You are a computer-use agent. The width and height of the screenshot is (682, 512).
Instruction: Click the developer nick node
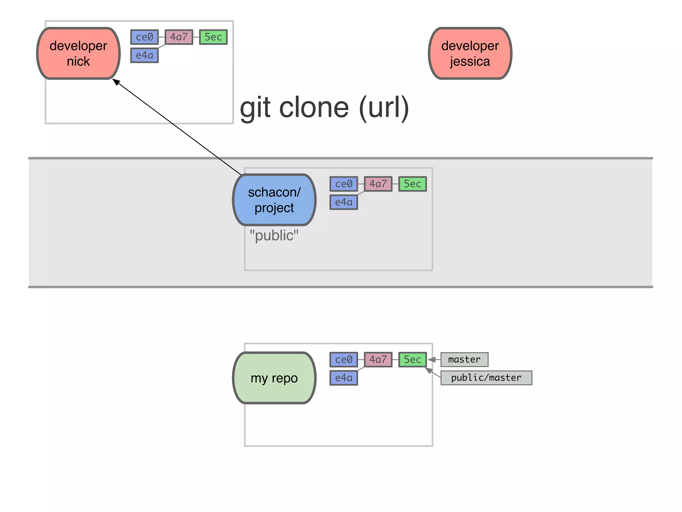point(78,53)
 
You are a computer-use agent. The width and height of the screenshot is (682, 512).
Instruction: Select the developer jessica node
point(470,53)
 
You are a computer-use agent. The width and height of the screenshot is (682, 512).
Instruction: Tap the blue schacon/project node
point(274,200)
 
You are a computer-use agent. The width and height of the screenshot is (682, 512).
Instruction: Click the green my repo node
point(274,378)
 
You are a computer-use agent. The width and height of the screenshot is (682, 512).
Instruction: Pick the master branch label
point(464,359)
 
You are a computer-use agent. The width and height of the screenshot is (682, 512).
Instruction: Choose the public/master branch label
point(486,378)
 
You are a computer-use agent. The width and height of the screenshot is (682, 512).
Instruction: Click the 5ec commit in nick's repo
point(213,37)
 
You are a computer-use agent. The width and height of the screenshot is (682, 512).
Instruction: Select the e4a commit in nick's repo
point(144,55)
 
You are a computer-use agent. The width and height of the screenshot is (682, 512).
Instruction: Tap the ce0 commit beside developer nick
point(144,37)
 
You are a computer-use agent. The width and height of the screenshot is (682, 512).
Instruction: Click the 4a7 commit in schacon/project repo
point(378,184)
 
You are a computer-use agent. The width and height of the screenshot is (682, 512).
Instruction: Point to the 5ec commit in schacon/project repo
point(412,184)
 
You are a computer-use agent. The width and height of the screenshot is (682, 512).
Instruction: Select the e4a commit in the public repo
point(344,202)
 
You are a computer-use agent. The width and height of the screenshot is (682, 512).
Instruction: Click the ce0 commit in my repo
point(344,359)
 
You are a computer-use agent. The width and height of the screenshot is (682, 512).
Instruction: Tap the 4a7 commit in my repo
point(378,359)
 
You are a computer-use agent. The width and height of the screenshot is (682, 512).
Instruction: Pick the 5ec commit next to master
point(412,359)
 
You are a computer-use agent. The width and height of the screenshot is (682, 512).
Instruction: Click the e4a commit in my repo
point(344,378)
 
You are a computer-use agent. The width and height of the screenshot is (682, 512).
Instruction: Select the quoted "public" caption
point(274,235)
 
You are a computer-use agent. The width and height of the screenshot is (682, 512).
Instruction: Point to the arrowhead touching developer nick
point(116,82)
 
